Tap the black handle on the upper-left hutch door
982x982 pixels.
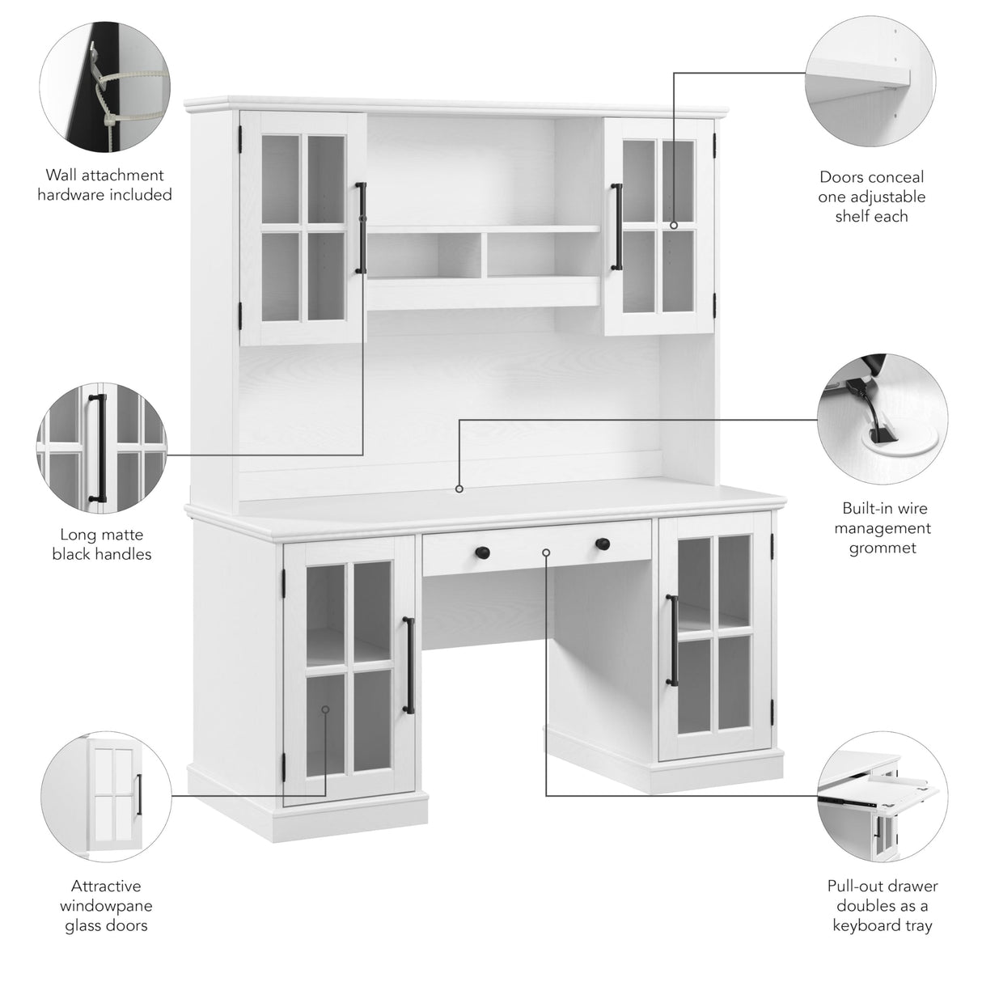coord(361,228)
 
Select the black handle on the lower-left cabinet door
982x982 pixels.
coord(409,666)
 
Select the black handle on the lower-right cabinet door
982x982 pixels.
coord(671,641)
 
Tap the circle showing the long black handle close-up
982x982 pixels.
coord(101,450)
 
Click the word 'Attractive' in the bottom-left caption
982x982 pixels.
coord(106,887)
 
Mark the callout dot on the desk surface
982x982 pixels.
coord(459,489)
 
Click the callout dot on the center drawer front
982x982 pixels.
coord(546,552)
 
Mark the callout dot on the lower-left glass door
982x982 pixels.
coord(325,709)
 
